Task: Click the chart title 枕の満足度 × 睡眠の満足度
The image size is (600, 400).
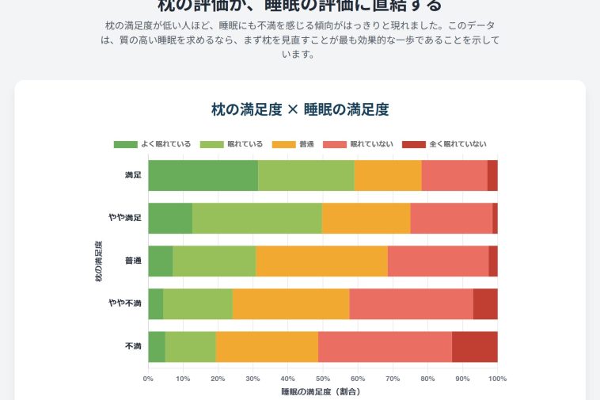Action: coord(300,109)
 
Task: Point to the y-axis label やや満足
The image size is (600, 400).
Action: coord(125,218)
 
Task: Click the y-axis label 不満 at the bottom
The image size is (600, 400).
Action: coord(133,346)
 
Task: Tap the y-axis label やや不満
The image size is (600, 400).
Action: coord(125,303)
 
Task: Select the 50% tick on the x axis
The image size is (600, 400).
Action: coord(323,379)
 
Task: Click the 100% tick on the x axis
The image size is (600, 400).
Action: coord(497,379)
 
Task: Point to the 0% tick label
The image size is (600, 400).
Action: coord(148,379)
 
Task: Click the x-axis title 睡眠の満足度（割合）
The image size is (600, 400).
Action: coord(322,391)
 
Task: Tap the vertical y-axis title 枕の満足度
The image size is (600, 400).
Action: coord(98,261)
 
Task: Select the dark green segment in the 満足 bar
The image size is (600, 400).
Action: coord(203,175)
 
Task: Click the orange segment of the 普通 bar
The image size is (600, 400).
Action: coord(321,261)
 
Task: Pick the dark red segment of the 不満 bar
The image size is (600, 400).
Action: coord(475,346)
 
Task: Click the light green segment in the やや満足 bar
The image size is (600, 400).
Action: coord(256,218)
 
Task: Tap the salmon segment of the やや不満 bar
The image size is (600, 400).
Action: coord(411,303)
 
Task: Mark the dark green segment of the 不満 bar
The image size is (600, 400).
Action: coord(157,346)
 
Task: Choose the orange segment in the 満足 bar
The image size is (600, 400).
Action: coord(388,175)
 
